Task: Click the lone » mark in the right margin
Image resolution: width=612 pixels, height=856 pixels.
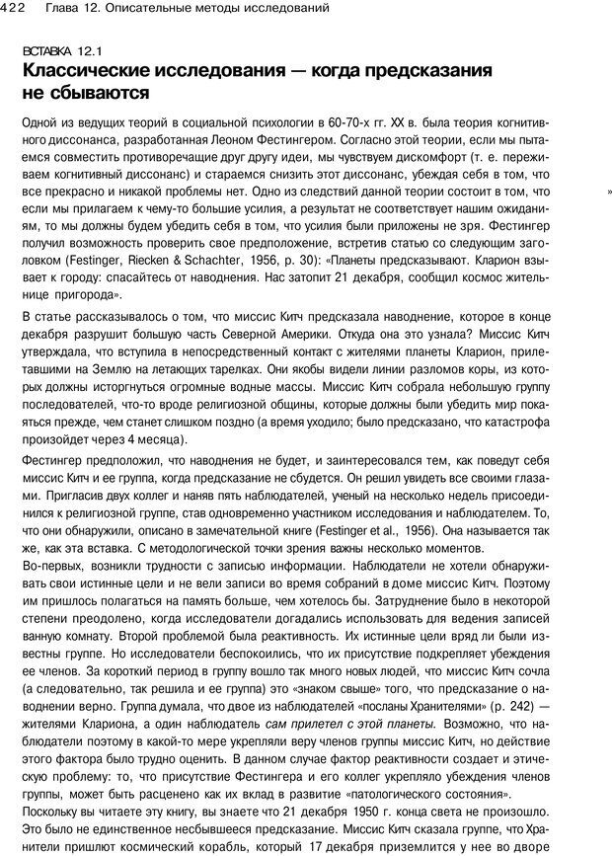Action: [610, 192]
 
